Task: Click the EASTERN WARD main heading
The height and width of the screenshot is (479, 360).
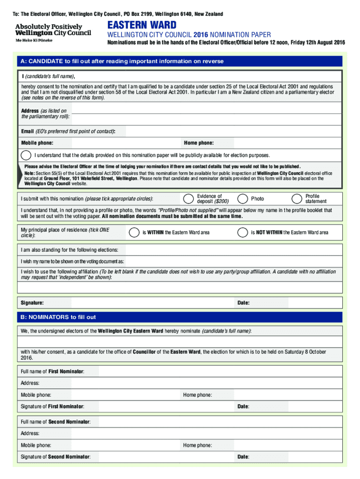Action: pyautogui.click(x=142, y=25)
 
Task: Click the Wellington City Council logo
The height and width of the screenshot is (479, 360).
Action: pyautogui.click(x=53, y=32)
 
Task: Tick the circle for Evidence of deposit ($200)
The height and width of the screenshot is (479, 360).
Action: pyautogui.click(x=188, y=199)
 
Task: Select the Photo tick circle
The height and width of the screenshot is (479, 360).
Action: pyautogui.click(x=243, y=199)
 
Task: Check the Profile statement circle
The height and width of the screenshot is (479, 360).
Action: pyautogui.click(x=297, y=199)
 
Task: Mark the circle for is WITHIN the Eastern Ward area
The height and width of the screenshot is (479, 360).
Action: pyautogui.click(x=134, y=232)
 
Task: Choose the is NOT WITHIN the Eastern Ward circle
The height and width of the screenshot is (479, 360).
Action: pyautogui.click(x=242, y=232)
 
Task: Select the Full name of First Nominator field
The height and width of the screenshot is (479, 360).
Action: pyautogui.click(x=220, y=371)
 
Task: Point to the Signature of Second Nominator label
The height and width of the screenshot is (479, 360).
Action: pyautogui.click(x=56, y=457)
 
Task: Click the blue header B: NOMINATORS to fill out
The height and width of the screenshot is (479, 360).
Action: pyautogui.click(x=58, y=317)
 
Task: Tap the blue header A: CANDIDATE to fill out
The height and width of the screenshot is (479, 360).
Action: pyautogui.click(x=122, y=61)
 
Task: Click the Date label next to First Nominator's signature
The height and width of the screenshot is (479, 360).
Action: pyautogui.click(x=243, y=406)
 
